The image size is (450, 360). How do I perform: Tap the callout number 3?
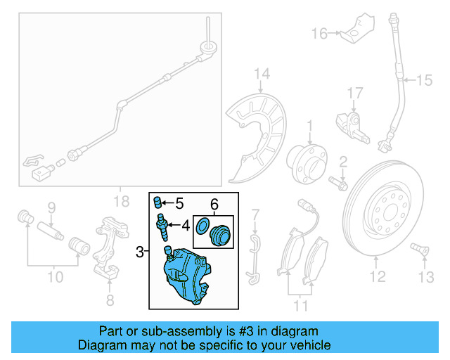click(x=140, y=251)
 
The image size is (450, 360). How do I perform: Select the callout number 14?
click(x=262, y=74)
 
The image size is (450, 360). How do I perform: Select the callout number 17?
click(x=354, y=91)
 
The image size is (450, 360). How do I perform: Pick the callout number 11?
click(x=302, y=307)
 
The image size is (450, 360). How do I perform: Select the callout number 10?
click(x=56, y=276)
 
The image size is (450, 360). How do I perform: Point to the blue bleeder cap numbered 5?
click(x=159, y=204)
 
